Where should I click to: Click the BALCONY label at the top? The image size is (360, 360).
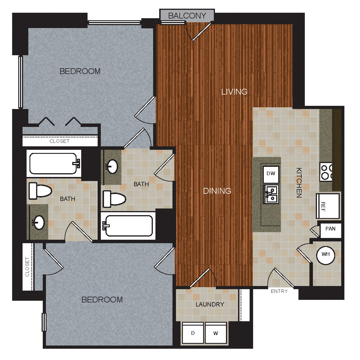187,16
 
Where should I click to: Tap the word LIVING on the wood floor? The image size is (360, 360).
234,92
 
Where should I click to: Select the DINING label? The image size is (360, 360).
217,191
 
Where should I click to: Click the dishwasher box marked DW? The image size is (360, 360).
271,174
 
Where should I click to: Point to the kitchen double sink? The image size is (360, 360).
271,194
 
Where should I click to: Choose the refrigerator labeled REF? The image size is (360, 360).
328,206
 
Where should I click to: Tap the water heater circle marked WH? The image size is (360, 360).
326,254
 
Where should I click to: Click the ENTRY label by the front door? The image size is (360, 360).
279,291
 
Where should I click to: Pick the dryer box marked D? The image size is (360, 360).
193,333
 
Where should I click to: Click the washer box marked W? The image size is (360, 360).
216,333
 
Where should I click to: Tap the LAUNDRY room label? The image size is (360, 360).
210,304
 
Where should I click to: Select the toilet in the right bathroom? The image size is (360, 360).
114,199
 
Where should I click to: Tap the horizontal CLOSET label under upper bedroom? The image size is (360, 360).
60,141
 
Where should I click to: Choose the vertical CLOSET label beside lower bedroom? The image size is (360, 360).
27,267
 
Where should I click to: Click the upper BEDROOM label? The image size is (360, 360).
80,71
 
